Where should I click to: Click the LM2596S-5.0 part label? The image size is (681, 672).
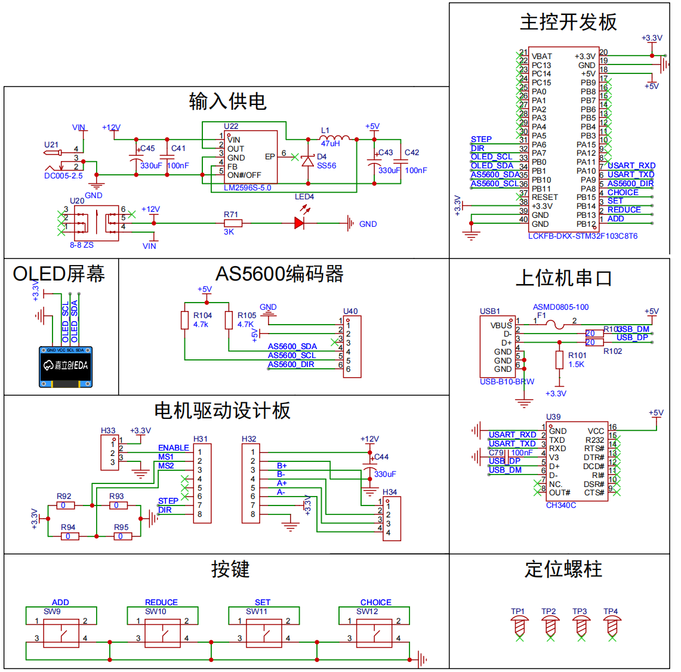point(247,187)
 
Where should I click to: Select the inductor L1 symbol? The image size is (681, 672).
point(335,138)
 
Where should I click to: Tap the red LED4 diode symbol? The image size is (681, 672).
point(300,223)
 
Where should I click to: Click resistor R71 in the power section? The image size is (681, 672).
point(233,223)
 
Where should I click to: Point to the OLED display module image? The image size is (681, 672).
point(66,366)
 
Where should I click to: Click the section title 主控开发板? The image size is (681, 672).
point(568,22)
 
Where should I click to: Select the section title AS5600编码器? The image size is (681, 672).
point(279,274)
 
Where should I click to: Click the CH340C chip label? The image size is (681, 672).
point(561,505)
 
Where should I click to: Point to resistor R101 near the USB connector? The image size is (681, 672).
point(559,360)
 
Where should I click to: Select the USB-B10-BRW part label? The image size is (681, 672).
point(507,381)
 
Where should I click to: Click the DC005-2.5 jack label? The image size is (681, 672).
point(63,175)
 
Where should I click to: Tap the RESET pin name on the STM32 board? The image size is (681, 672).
point(545,197)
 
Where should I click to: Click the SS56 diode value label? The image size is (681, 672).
point(326,166)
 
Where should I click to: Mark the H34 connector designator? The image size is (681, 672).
point(389,492)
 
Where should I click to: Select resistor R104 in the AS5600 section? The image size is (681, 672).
point(185,320)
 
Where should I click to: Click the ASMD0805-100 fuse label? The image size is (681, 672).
point(560,307)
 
